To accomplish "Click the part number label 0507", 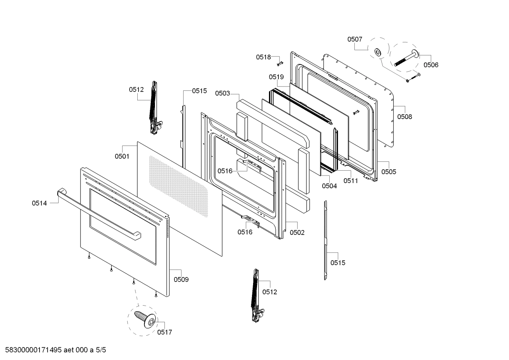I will (355, 39).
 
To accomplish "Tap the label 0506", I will (431, 65).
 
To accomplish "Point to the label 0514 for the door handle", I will (39, 203).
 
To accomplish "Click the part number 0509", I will (181, 279).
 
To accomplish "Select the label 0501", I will (122, 156).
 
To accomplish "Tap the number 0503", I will (222, 93).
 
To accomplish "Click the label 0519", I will (276, 77).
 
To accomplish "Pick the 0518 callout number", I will (263, 57).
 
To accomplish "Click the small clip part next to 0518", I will (280, 63).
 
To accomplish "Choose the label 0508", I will (405, 117).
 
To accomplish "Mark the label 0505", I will (389, 172).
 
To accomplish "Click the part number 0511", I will (351, 181).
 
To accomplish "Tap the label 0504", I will (329, 186).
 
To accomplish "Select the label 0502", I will (297, 232).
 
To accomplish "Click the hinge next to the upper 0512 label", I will (155, 108).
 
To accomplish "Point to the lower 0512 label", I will (270, 292).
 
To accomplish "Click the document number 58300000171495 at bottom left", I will (34, 350).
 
